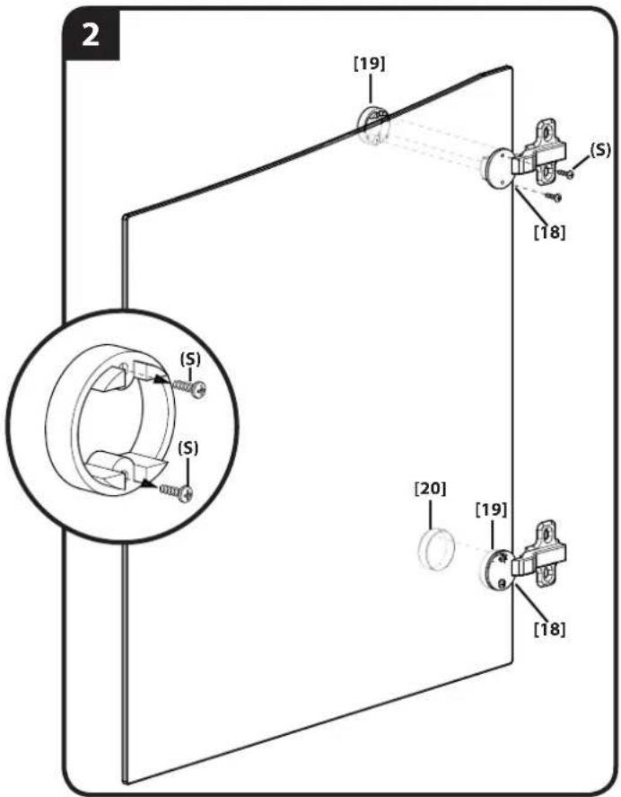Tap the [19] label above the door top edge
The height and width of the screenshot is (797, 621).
tap(369, 64)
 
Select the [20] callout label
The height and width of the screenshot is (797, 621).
tap(431, 489)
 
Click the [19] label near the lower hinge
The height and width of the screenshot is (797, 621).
tap(491, 509)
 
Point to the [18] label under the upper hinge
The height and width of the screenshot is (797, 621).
tap(550, 232)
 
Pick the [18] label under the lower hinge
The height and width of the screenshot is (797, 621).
tap(550, 629)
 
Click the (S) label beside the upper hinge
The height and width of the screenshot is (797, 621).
tap(599, 151)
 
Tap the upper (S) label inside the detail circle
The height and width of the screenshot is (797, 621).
tap(190, 359)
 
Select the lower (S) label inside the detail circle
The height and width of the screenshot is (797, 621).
tap(188, 448)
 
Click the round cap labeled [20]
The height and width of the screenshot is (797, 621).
tap(434, 551)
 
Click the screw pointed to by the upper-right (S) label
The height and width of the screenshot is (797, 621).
tap(565, 173)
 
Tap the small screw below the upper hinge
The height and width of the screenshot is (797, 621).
tap(553, 197)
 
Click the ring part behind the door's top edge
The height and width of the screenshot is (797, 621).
tap(372, 125)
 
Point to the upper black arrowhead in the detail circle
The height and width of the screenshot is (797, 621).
tap(162, 379)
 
